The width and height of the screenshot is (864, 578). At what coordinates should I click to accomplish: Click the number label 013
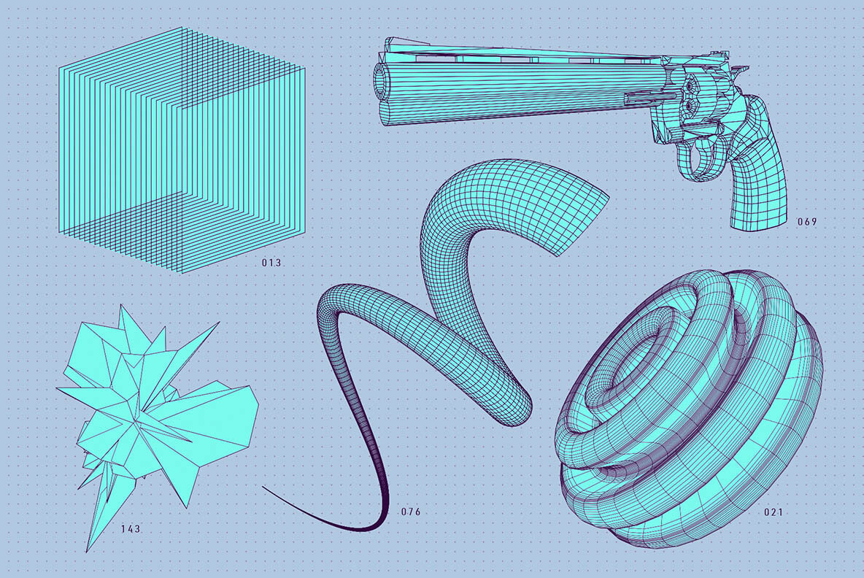click(x=271, y=262)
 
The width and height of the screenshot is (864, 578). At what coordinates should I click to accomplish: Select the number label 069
click(x=806, y=221)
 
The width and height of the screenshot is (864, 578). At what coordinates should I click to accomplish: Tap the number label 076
click(x=410, y=512)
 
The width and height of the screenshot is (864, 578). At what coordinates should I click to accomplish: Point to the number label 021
click(x=774, y=512)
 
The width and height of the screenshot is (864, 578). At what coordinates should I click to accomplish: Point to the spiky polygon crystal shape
click(x=153, y=409)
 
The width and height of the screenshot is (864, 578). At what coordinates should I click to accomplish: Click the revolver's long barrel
click(x=511, y=91)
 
